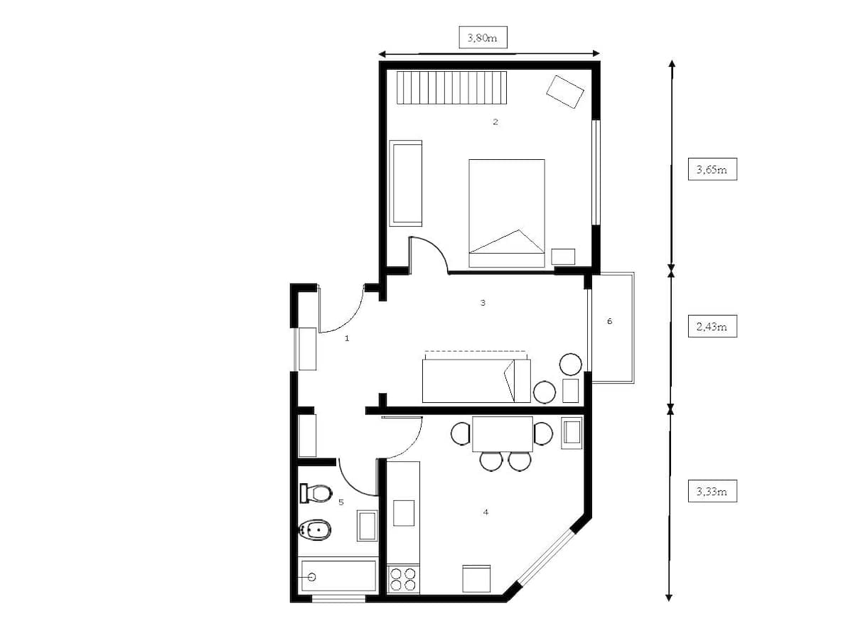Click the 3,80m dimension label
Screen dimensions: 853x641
(x=483, y=38)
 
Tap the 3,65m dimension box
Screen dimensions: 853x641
(x=712, y=169)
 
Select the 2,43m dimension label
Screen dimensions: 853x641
(x=712, y=326)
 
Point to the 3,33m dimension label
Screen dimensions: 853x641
(x=712, y=491)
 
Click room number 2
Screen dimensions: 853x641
(x=495, y=122)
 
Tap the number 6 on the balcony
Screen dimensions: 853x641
(x=609, y=321)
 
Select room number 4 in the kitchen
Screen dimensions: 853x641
(x=485, y=512)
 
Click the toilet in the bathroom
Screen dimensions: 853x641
(x=316, y=493)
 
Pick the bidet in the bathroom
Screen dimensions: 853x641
(x=315, y=529)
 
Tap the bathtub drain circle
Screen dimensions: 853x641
(x=311, y=577)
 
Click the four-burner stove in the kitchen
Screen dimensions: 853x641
(x=403, y=579)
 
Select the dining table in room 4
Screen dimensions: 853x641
(x=502, y=434)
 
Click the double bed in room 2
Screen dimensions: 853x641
(x=507, y=213)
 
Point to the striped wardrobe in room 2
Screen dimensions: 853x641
(x=451, y=87)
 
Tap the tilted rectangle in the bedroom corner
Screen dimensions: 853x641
(x=565, y=92)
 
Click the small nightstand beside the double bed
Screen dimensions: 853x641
(x=563, y=257)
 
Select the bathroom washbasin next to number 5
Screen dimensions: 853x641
(x=367, y=526)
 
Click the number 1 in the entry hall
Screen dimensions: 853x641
(x=347, y=338)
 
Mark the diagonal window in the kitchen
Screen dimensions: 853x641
(x=546, y=557)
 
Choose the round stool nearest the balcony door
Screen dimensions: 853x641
(x=571, y=364)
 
